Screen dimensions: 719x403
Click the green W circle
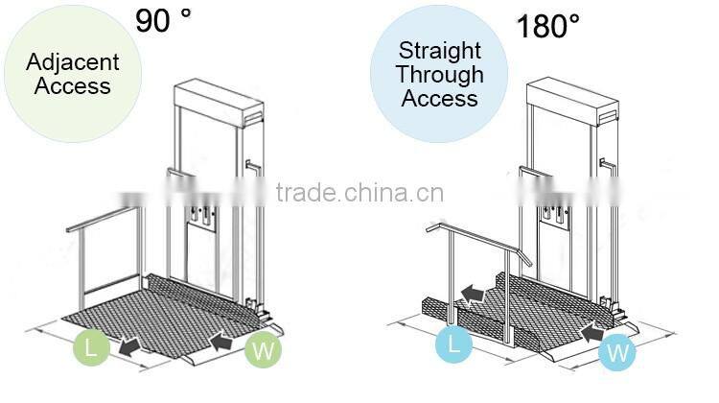click(x=262, y=351)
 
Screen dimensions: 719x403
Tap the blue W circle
click(x=618, y=352)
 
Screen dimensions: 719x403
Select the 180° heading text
click(x=547, y=25)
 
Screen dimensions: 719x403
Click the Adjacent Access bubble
click(x=73, y=74)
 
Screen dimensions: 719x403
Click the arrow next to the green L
click(x=133, y=343)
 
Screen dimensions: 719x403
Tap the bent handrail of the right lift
click(x=474, y=240)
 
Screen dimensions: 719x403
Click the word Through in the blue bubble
click(x=439, y=74)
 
